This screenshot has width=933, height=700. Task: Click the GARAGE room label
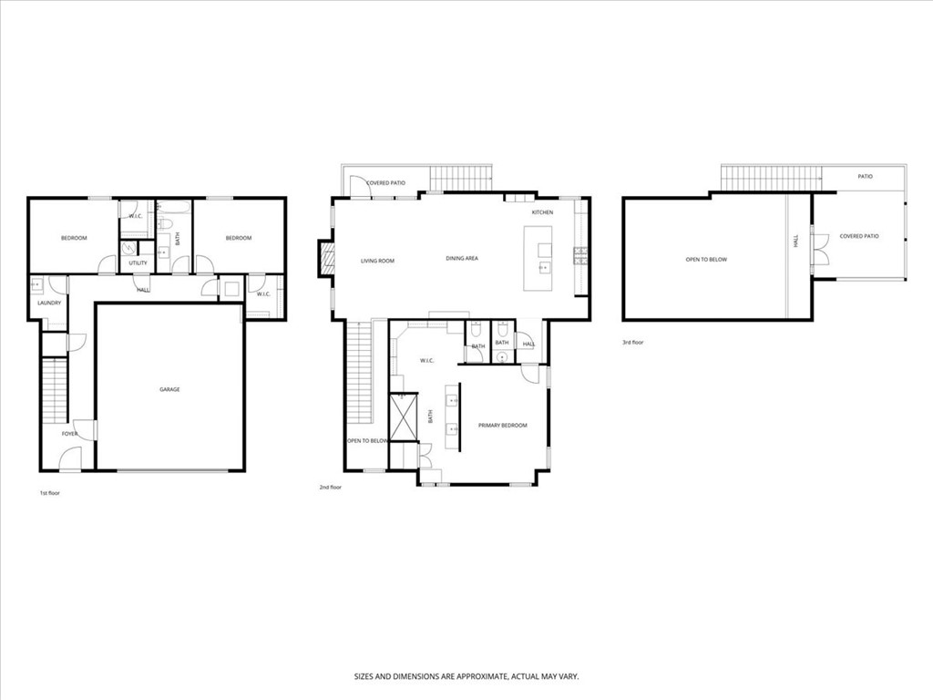pyautogui.click(x=169, y=389)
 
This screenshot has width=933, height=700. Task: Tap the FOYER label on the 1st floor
pyautogui.click(x=70, y=434)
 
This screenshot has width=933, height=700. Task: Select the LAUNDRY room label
pyautogui.click(x=48, y=303)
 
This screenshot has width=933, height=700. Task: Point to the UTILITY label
pyautogui.click(x=138, y=263)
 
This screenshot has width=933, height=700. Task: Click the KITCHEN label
pyautogui.click(x=542, y=212)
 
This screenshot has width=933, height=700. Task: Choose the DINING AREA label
pyautogui.click(x=462, y=259)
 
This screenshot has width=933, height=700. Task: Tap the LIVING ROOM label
pyautogui.click(x=377, y=262)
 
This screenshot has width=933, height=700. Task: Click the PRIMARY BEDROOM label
pyautogui.click(x=502, y=426)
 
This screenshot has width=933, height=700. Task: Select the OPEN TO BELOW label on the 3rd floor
pyautogui.click(x=706, y=260)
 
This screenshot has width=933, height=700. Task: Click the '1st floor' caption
pyautogui.click(x=49, y=492)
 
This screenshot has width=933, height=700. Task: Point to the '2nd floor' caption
pyautogui.click(x=330, y=488)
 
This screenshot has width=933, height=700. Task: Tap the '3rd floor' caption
pyautogui.click(x=632, y=343)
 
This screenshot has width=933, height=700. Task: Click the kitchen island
pyautogui.click(x=538, y=260)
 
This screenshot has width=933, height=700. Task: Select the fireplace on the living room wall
pyautogui.click(x=324, y=258)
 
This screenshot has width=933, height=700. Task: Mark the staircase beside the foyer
pyautogui.click(x=56, y=390)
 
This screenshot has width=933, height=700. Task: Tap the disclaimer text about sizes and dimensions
pyautogui.click(x=466, y=677)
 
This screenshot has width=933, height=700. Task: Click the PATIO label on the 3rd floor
pyautogui.click(x=865, y=176)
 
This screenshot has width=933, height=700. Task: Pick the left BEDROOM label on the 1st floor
pyautogui.click(x=74, y=238)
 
